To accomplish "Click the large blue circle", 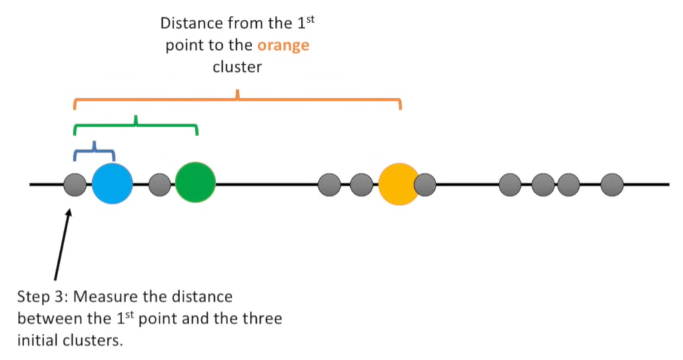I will (112, 183).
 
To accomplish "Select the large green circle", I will (195, 182).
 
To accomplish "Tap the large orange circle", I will (398, 184).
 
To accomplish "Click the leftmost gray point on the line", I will (75, 184).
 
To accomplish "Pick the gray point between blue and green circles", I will (160, 184).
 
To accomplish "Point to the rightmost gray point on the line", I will (612, 184).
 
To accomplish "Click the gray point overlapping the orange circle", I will (426, 184).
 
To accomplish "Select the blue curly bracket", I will (94, 151).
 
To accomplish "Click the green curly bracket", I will (135, 125).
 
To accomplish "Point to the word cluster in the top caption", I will (237, 67).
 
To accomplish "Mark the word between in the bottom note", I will (47, 318).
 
